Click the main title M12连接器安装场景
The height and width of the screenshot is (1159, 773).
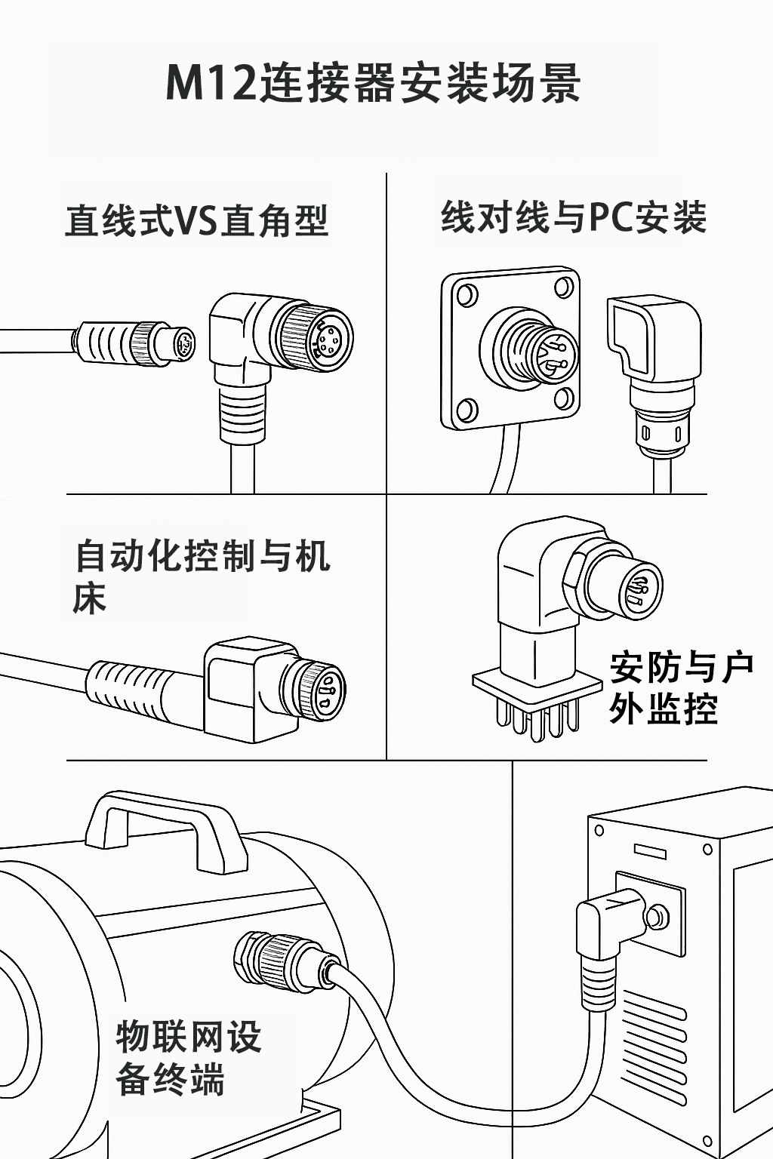click(373, 83)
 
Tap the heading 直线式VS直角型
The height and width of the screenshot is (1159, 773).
click(196, 221)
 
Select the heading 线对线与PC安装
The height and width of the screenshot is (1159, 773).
click(574, 218)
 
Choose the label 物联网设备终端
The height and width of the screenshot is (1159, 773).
click(188, 1058)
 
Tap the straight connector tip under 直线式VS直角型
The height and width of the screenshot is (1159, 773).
click(182, 346)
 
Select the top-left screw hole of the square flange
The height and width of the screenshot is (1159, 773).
click(466, 294)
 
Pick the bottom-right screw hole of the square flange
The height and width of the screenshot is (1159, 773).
click(562, 398)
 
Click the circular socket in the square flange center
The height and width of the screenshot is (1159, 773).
click(530, 348)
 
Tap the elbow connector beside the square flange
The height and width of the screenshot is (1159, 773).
click(654, 355)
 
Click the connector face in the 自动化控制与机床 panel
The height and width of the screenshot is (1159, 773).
click(324, 690)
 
